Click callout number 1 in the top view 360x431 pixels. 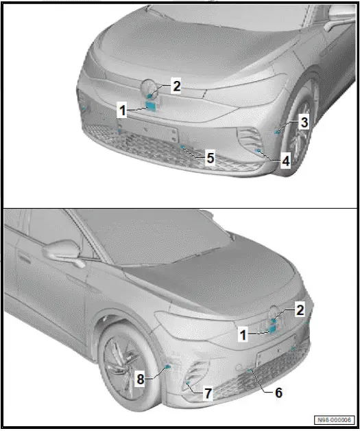tap(121, 109)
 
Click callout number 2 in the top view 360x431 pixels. tap(176, 86)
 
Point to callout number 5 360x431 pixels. tap(211, 157)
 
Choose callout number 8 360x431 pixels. tap(140, 377)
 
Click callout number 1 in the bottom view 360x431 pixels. tap(243, 334)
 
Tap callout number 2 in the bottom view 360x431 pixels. tap(300, 310)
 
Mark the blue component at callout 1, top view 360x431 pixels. tap(151, 106)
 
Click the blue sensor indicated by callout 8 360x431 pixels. tap(168, 369)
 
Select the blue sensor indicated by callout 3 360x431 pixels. tap(277, 129)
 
